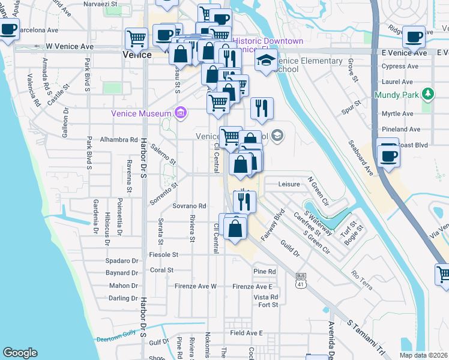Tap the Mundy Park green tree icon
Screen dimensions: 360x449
point(427,94)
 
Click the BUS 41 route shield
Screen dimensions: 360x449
point(301,281)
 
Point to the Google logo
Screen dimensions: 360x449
point(20,353)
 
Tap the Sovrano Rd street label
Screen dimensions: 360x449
point(191,206)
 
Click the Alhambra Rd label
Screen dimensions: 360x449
point(119,140)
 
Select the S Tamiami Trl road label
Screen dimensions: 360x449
point(367,336)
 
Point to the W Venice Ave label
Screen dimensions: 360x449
point(70,46)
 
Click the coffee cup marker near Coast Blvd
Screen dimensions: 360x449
point(388,155)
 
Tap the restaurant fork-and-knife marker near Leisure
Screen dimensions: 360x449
point(244,201)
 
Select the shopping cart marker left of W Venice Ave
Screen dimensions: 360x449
point(136,38)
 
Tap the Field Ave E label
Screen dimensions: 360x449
point(247,333)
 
